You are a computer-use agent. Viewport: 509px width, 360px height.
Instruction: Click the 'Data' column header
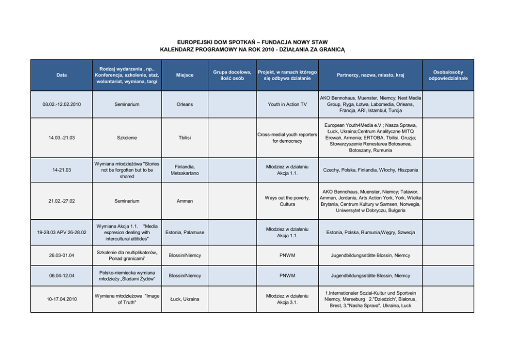coord(62,75)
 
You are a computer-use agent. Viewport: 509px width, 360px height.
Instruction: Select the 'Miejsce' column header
coord(185,75)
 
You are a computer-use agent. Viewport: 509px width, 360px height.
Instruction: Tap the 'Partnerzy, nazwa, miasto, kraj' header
coord(370,75)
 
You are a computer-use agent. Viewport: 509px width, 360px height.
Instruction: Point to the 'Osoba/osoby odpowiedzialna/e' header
coord(448,75)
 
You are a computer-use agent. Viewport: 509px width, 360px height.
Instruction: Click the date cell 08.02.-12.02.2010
coord(62,104)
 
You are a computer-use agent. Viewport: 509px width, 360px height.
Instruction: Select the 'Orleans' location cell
coord(185,104)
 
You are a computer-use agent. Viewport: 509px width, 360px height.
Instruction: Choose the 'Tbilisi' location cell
coord(185,138)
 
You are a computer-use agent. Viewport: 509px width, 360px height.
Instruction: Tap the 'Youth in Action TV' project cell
coord(287,104)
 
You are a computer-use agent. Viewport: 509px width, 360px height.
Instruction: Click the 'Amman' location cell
coord(185,201)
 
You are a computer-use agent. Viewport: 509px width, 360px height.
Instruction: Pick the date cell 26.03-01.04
coord(62,255)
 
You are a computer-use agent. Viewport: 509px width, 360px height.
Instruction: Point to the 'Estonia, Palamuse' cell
coord(185,232)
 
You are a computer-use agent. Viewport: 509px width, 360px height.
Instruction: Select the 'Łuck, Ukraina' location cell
coord(185,299)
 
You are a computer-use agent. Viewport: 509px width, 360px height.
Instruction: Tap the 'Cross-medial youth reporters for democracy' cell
coord(287,138)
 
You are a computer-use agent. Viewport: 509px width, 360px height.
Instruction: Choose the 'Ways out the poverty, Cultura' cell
coord(287,201)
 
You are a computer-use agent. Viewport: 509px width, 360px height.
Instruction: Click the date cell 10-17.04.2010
coord(62,299)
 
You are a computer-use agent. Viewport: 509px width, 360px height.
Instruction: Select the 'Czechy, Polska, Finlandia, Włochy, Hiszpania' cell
coord(370,170)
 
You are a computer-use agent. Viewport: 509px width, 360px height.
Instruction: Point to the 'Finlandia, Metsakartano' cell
coord(185,170)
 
